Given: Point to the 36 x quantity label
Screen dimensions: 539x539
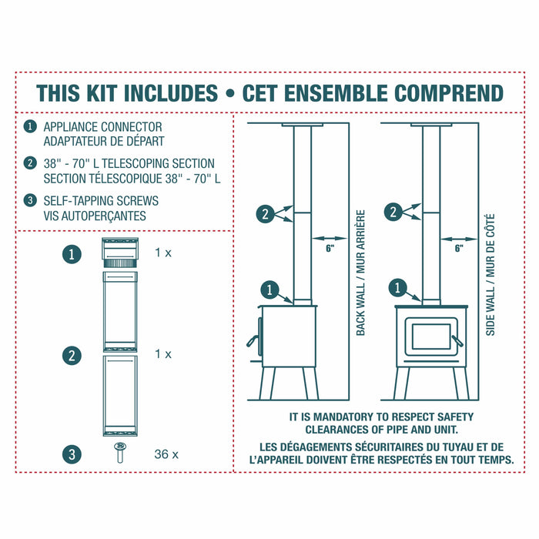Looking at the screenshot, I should [x=166, y=454].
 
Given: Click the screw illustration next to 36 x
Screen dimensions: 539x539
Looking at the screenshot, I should [x=121, y=452].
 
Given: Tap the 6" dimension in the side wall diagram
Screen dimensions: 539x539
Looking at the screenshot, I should [x=459, y=248].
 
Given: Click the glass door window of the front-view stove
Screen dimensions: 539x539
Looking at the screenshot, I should [x=431, y=337].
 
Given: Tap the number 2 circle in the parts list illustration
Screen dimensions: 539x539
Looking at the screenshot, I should [x=72, y=355].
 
